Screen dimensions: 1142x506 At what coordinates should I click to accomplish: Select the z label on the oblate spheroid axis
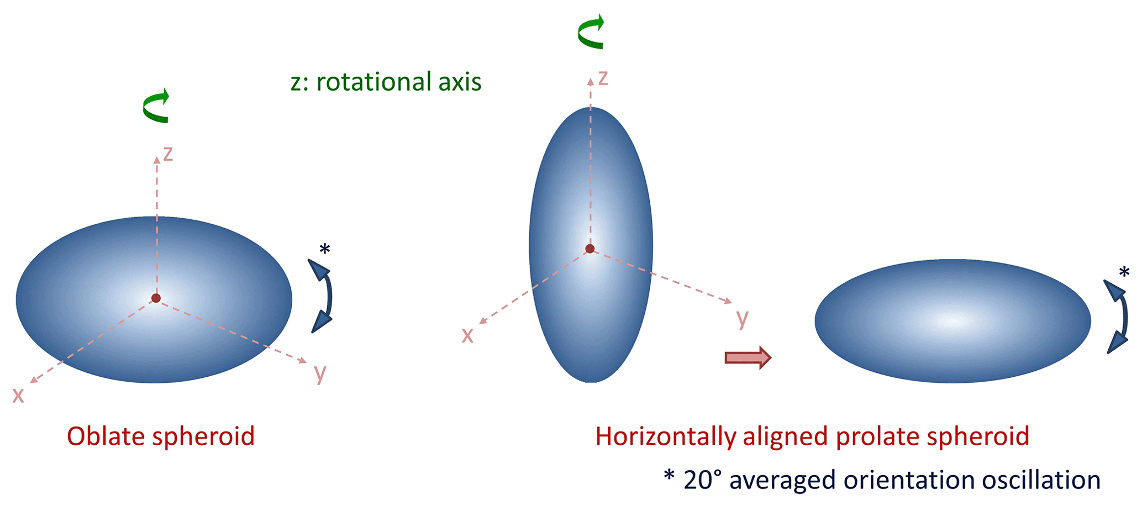168,154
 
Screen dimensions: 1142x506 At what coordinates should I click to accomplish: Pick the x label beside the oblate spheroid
18,396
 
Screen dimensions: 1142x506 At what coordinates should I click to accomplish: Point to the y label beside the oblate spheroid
320,374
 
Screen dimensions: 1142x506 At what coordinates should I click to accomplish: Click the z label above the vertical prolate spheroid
603,78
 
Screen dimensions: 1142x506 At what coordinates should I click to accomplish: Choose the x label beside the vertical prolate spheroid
467,336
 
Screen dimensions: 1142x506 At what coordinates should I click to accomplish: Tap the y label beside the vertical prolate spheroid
743,319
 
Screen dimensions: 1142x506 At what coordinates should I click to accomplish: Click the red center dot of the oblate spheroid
156,298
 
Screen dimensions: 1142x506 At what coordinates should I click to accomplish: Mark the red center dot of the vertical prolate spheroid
590,249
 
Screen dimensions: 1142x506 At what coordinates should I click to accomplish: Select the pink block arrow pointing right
748,358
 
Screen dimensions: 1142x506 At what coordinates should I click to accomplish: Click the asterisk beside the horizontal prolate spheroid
1124,273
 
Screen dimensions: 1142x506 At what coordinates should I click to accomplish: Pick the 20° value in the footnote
703,480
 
